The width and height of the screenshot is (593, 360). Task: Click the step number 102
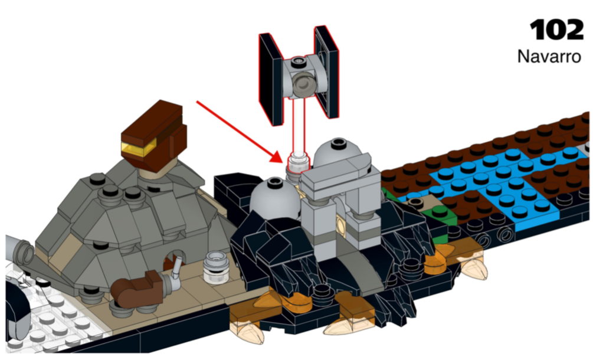(x=556, y=29)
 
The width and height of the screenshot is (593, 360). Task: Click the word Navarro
(x=549, y=57)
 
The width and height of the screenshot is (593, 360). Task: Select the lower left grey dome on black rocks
(x=272, y=194)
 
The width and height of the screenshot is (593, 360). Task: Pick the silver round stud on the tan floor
(x=213, y=268)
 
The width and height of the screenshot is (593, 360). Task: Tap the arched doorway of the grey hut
(x=175, y=260)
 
